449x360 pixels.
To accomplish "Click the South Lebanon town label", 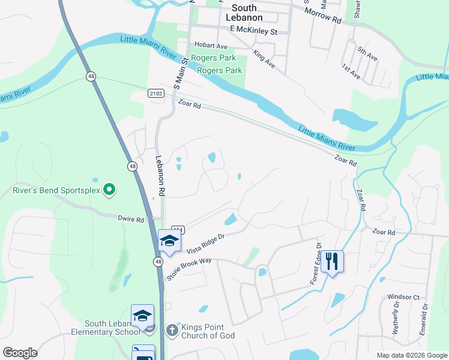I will click(x=244, y=13).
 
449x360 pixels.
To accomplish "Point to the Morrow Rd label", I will click(x=322, y=16).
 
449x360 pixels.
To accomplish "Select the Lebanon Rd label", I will click(x=160, y=176).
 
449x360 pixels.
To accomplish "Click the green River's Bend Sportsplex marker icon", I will click(x=109, y=190).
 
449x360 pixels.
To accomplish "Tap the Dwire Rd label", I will click(x=131, y=220).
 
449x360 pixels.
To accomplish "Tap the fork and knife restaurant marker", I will click(x=332, y=262).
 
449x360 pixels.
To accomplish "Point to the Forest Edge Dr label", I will click(x=314, y=263).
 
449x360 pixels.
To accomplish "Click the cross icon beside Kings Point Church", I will click(x=172, y=329).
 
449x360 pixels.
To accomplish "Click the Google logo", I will click(x=20, y=353).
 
